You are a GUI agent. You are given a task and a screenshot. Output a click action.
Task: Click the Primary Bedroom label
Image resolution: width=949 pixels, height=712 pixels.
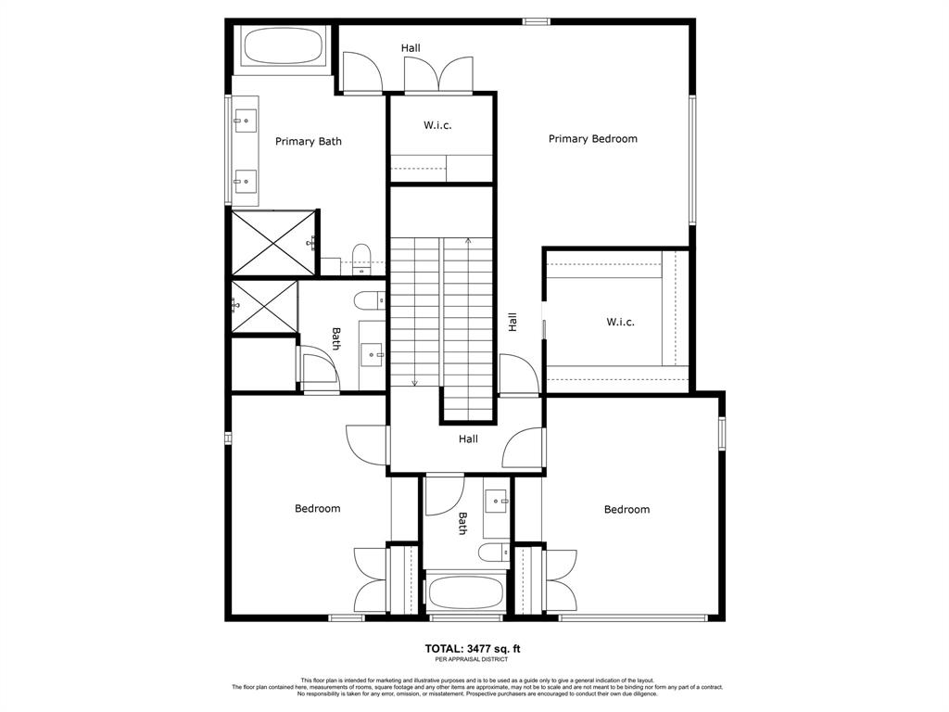(592, 139)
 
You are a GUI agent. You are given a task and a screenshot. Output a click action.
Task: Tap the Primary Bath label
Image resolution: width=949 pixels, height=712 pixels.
(308, 142)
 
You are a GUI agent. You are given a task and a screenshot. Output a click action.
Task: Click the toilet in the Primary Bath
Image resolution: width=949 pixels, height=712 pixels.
(361, 260)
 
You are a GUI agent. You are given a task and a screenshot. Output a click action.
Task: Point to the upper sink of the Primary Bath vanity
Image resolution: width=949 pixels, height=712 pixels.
(246, 121)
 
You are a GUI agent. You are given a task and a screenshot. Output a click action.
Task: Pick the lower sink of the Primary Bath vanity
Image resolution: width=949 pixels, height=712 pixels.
(246, 181)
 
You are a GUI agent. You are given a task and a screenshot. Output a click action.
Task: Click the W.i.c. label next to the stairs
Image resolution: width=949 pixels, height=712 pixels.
(437, 125)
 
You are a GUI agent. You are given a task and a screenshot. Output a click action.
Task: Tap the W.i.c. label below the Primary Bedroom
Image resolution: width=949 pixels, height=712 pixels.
(620, 322)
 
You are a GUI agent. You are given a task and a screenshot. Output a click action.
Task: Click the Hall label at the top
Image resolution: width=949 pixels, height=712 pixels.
(411, 48)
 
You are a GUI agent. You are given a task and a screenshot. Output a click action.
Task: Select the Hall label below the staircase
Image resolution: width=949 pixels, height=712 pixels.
(468, 439)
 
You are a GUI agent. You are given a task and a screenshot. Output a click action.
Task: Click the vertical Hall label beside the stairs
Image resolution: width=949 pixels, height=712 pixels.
(512, 322)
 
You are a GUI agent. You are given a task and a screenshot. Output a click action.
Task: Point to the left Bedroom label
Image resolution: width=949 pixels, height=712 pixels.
(318, 509)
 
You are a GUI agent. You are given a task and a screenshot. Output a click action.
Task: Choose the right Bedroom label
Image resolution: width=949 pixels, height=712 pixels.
(627, 509)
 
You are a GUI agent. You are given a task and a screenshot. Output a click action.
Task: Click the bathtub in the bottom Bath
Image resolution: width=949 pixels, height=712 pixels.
(465, 592)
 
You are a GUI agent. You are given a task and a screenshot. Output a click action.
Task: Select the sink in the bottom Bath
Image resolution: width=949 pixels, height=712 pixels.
(497, 502)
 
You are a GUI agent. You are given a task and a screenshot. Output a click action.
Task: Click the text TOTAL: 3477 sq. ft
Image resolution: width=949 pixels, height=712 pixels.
(473, 649)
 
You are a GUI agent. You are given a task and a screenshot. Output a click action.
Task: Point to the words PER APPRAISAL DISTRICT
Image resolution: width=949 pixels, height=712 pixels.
(472, 659)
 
